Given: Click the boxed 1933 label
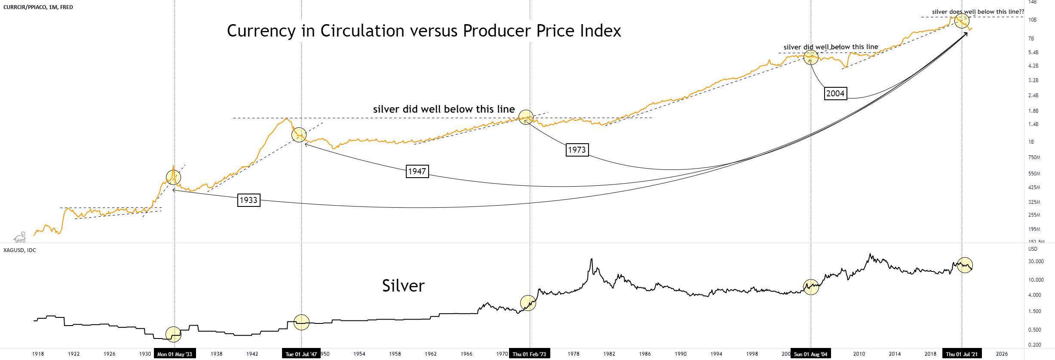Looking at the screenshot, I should pos(248,200).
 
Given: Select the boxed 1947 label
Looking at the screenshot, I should pos(417,172).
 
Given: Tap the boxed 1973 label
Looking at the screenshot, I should pos(577,150).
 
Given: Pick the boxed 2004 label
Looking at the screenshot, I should pos(835,93).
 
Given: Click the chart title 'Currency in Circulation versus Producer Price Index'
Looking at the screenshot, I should pos(423,31).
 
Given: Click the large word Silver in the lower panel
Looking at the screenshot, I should pos(403,286).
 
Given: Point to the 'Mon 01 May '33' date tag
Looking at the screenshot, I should pos(175,354).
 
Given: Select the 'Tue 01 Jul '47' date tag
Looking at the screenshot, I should pos(301,354).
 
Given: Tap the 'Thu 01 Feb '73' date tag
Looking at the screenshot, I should pos(529,354).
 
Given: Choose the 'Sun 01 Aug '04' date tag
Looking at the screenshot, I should pos(810,354).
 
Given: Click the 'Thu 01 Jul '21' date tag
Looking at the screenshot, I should pos(961,354).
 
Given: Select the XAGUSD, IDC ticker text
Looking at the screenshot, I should pos(20,250).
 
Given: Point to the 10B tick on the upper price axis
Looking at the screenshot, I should pos(1032,20).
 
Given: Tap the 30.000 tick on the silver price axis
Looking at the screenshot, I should pos(1036,262).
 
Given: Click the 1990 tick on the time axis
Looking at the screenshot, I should pos(680,354).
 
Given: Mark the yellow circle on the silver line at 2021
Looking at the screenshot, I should pos(965,265).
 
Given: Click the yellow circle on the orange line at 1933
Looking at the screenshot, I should pos(173,177).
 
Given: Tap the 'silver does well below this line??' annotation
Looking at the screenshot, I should pos(978,12).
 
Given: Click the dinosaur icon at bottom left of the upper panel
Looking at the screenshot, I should pos(20,237).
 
